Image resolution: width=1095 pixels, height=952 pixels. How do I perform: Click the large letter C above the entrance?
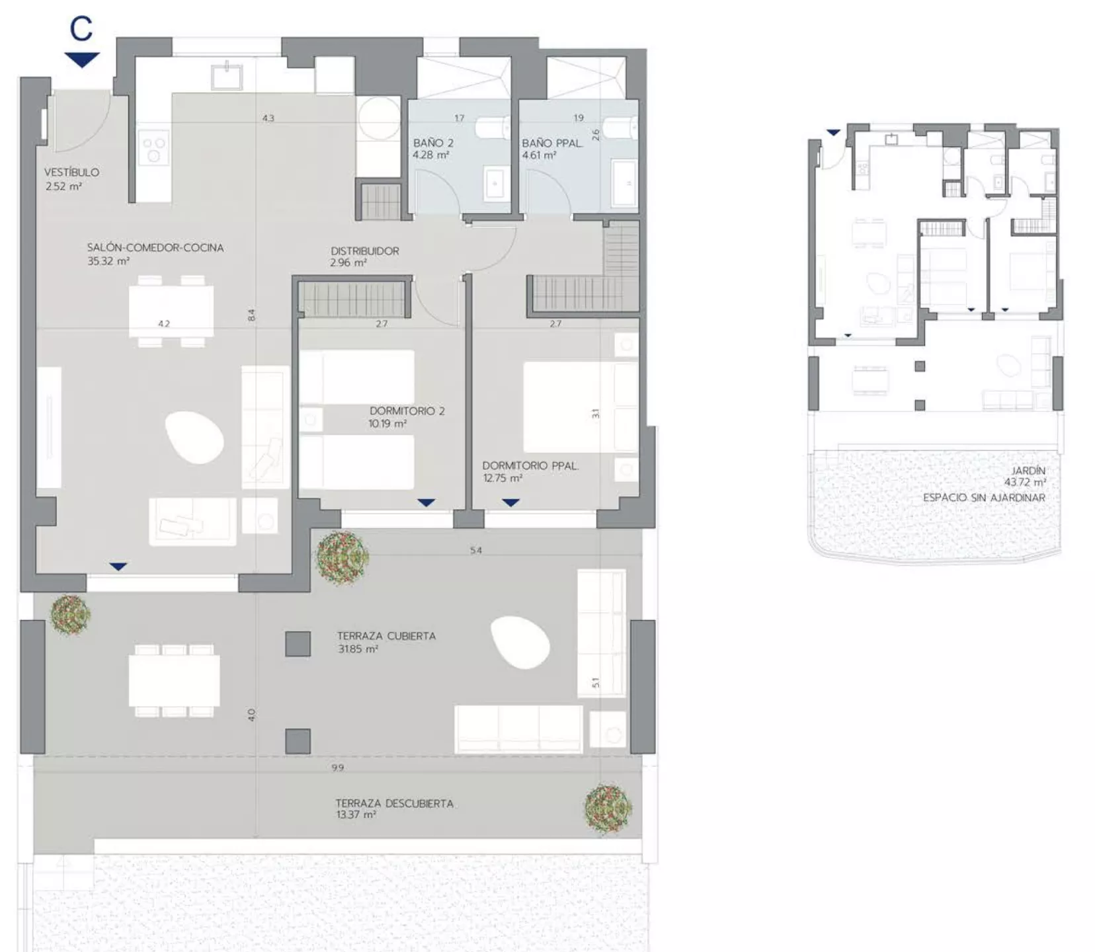click(x=81, y=29)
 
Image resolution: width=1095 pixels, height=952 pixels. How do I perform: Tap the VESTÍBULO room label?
click(x=72, y=173)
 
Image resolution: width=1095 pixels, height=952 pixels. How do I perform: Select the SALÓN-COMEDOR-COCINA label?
click(x=155, y=248)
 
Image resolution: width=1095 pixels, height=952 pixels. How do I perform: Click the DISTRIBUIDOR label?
click(x=365, y=251)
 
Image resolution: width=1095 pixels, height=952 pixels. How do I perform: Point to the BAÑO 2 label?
click(x=433, y=143)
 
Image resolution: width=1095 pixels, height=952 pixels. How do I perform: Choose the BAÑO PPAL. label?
click(x=552, y=143)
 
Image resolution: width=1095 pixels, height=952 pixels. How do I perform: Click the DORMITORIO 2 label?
click(x=407, y=411)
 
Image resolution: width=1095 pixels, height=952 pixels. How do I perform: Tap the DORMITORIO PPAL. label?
click(x=530, y=466)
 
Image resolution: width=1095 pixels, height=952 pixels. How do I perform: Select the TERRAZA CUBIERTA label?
click(x=386, y=636)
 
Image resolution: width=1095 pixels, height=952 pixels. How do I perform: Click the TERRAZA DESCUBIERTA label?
click(x=395, y=804)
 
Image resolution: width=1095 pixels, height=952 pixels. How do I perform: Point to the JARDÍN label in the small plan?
click(x=1028, y=471)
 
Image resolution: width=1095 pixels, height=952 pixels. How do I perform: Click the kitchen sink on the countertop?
click(x=227, y=76)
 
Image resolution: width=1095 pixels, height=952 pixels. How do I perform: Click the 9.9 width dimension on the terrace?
click(x=338, y=768)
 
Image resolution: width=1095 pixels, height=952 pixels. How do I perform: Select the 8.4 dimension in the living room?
click(x=251, y=316)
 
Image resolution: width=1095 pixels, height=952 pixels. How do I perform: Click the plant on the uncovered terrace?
click(x=608, y=808)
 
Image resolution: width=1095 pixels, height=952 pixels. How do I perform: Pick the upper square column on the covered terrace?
click(x=298, y=644)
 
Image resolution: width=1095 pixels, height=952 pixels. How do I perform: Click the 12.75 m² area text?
click(x=503, y=478)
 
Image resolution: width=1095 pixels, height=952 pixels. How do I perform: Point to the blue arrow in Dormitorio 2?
click(x=426, y=503)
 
